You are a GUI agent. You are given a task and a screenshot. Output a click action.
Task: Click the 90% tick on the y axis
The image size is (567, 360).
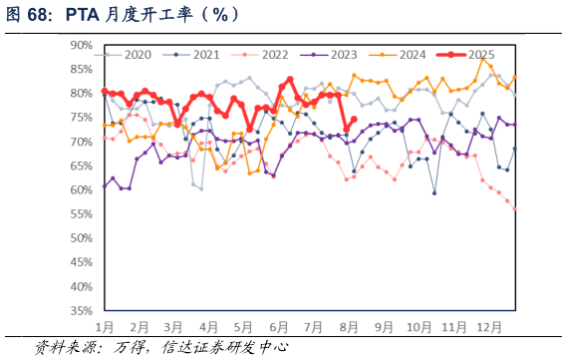pyautogui.click(x=81, y=45)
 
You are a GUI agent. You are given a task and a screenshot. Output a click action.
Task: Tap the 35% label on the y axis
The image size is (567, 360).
pyautogui.click(x=81, y=311)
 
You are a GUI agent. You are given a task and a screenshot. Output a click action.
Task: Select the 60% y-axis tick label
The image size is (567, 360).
pyautogui.click(x=81, y=190)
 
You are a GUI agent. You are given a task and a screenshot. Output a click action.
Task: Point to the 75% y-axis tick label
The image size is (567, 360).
pyautogui.click(x=81, y=118)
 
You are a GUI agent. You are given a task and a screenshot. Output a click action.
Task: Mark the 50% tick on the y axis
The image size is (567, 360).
pyautogui.click(x=81, y=238)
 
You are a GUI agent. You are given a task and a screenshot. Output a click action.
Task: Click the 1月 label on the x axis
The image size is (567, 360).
pyautogui.click(x=105, y=327)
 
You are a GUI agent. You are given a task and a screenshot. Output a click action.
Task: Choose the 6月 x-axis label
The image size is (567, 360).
pyautogui.click(x=279, y=327)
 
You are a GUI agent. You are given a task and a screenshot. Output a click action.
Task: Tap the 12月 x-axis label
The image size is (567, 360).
pyautogui.click(x=489, y=327)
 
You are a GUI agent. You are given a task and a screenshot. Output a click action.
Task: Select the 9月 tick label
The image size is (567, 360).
pyautogui.click(x=385, y=327)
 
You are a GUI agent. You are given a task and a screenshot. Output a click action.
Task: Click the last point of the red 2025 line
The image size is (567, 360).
pyautogui.click(x=354, y=119)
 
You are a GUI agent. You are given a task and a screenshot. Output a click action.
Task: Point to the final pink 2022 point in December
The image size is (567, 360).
pyautogui.click(x=515, y=209)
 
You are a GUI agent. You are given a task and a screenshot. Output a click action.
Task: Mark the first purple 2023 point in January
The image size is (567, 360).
pyautogui.click(x=105, y=185)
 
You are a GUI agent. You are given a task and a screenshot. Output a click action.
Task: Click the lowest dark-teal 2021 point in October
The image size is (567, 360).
pyautogui.click(x=434, y=193)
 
